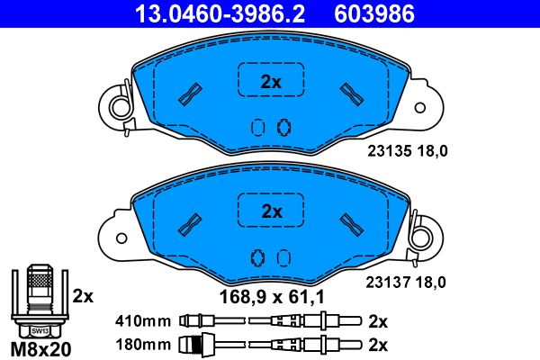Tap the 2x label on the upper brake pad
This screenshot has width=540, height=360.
(271, 82)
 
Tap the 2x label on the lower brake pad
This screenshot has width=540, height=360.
(271, 212)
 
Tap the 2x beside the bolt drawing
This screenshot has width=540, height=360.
(83, 294)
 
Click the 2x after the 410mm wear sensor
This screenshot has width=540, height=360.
(378, 319)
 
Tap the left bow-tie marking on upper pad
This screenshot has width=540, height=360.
(191, 93)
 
